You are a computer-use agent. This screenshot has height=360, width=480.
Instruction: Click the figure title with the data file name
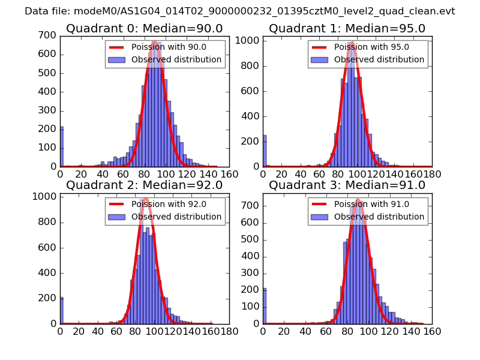[240, 11]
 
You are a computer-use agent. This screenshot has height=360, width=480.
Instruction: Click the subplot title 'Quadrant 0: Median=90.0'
[144, 29]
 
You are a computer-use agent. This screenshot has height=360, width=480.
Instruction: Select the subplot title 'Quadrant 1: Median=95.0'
[347, 29]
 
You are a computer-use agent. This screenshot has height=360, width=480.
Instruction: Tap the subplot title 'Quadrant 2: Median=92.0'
[144, 185]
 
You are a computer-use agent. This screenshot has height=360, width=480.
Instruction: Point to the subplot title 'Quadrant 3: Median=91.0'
[347, 185]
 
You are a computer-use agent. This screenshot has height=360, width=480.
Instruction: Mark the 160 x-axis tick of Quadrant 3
[431, 331]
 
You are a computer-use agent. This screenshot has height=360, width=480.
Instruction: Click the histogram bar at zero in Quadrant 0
[61, 147]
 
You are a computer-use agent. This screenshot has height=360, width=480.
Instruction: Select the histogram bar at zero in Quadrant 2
[61, 311]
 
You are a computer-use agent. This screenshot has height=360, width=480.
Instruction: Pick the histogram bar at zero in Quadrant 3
[265, 306]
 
